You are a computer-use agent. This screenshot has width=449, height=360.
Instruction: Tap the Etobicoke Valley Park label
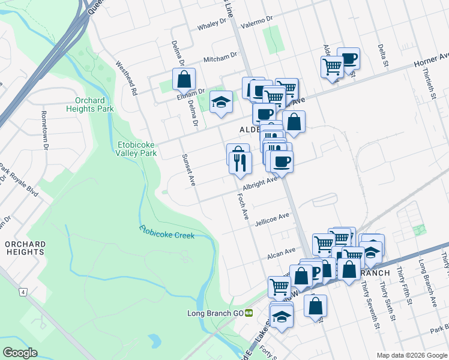point(136,148)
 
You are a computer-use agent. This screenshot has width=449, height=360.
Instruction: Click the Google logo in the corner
point(20,353)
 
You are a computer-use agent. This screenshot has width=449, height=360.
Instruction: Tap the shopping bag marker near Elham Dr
point(184,79)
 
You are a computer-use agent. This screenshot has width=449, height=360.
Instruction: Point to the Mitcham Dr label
point(220,58)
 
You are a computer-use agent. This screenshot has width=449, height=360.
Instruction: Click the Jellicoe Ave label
point(272,218)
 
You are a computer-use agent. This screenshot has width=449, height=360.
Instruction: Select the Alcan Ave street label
point(282,253)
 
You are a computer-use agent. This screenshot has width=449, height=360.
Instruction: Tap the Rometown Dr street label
point(44,125)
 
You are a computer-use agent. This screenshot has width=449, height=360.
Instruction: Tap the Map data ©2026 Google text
point(412,355)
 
